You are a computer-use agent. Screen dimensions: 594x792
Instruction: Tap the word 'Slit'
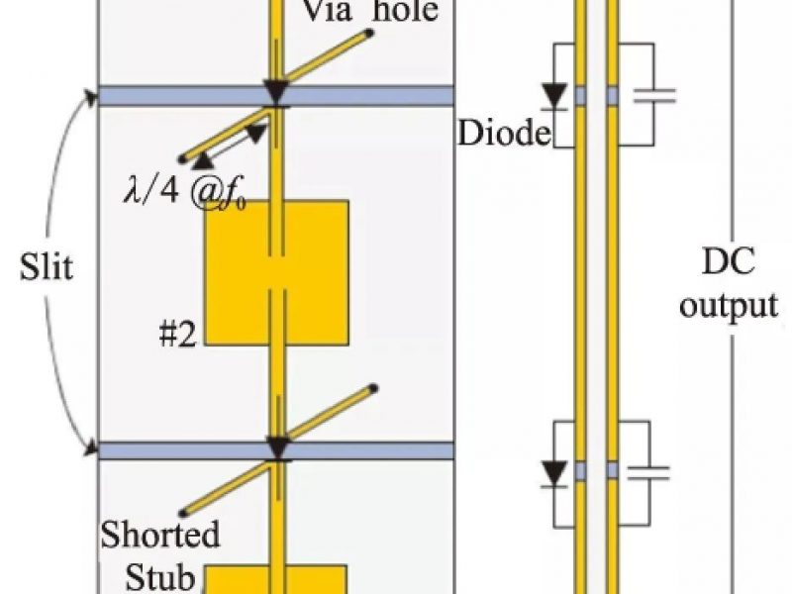47,268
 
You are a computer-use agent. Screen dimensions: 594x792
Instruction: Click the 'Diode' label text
503,133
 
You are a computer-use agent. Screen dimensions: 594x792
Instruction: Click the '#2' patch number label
179,335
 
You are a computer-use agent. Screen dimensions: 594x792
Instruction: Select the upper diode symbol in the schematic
556,94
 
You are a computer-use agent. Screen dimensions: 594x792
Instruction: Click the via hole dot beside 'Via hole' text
369,33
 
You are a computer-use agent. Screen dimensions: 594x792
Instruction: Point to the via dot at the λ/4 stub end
181,158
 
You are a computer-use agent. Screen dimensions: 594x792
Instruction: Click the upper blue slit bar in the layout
148,96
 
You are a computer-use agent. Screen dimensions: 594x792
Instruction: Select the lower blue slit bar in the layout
148,450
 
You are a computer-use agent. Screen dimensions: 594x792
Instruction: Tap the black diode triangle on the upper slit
275,93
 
